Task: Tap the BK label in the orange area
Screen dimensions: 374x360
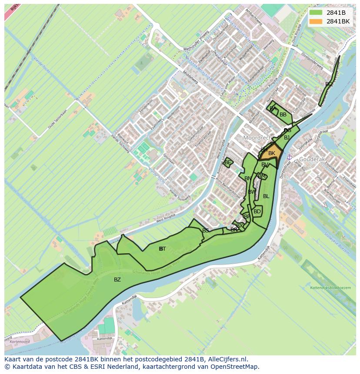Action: [272, 153]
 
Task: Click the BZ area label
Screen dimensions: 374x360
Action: [117, 280]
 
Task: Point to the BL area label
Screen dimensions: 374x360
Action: [266, 196]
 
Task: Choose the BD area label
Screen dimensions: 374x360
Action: [257, 212]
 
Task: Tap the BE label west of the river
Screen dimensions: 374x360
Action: [228, 162]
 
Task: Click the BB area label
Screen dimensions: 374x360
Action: [283, 115]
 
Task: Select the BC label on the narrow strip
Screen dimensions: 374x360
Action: [329, 84]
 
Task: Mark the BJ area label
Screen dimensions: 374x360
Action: [287, 138]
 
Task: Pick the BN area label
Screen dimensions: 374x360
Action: [248, 179]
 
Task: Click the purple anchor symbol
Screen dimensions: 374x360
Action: [289, 157]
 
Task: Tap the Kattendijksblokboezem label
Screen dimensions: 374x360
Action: [330, 288]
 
